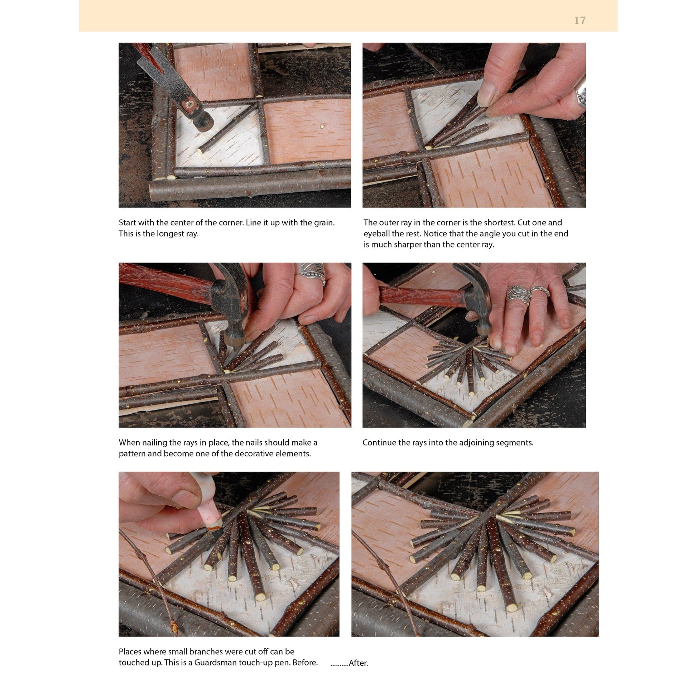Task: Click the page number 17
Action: [580, 20]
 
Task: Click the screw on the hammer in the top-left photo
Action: [189, 104]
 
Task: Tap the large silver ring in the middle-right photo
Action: [518, 294]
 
